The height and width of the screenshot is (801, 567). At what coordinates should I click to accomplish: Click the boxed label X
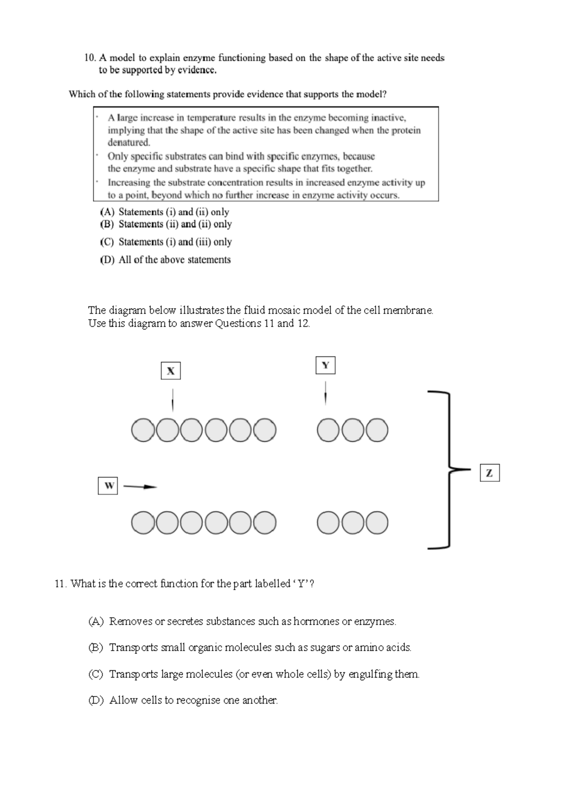(x=171, y=371)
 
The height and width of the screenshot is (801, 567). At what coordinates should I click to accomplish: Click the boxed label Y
(x=325, y=366)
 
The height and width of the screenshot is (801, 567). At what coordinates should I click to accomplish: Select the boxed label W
(x=108, y=486)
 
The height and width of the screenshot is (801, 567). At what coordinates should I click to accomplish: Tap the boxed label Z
(x=490, y=473)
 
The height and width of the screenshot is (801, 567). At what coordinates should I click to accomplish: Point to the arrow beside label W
(x=140, y=486)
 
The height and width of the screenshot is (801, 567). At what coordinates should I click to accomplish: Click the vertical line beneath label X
(x=172, y=400)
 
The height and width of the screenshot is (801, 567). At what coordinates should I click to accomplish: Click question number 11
(x=60, y=584)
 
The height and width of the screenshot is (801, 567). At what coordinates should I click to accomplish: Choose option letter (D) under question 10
(x=107, y=260)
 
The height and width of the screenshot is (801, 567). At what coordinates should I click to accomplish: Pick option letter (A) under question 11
(x=95, y=622)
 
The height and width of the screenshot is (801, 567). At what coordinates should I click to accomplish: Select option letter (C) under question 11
(x=95, y=674)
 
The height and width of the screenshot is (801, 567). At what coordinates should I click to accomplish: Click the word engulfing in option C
(x=370, y=674)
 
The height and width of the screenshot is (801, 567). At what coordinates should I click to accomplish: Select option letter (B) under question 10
(x=107, y=224)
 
